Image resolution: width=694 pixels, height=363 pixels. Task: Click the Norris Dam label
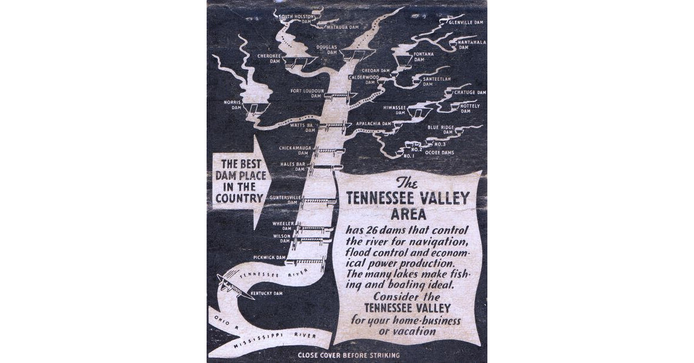tap(232, 105)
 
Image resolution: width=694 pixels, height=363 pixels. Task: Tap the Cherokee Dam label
tap(268, 58)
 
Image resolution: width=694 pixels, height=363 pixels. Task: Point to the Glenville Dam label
tap(466, 22)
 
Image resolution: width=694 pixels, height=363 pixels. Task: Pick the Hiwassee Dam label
tap(394, 110)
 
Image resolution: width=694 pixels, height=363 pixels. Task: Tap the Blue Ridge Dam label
tap(440, 130)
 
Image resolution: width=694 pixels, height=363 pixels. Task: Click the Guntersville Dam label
tap(283, 199)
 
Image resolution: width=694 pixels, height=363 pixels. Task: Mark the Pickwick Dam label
tap(270, 257)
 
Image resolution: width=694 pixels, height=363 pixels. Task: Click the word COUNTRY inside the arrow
tap(239, 198)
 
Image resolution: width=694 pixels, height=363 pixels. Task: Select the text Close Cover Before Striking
tap(348, 355)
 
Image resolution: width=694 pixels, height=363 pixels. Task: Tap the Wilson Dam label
tap(282, 238)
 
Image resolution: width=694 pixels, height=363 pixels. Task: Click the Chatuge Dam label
tap(470, 93)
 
